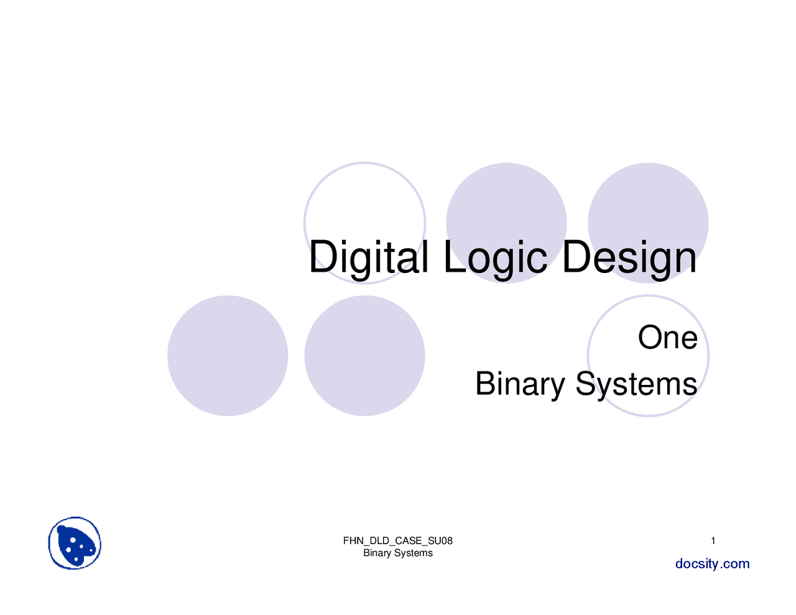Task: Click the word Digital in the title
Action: (368, 257)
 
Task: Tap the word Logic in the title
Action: (495, 257)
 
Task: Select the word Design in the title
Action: (629, 257)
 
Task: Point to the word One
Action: (667, 338)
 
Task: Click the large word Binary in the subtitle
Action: (519, 384)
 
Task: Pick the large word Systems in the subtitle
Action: (636, 384)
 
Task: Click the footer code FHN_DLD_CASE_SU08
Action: (398, 541)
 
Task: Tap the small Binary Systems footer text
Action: (398, 553)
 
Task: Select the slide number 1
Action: (713, 541)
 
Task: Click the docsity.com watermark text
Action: (713, 564)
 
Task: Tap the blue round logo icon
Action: (75, 543)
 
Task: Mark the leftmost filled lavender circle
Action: (228, 356)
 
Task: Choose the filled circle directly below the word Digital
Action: (364, 356)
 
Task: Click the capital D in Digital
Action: (323, 257)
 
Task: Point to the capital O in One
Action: (649, 338)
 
